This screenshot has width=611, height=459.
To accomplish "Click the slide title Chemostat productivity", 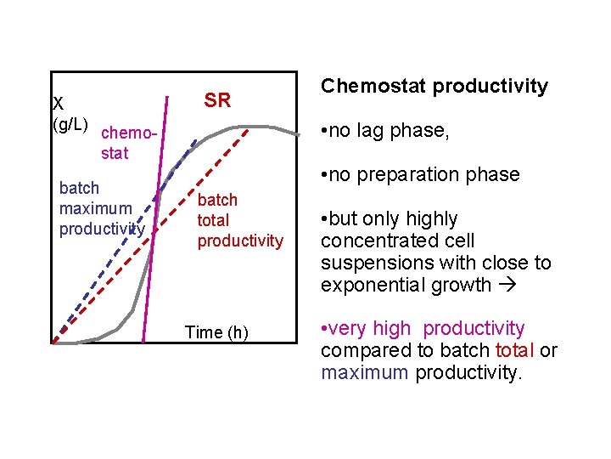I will (x=434, y=87).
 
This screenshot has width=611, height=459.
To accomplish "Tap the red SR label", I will (x=217, y=100).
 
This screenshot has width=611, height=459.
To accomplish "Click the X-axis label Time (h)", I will (x=217, y=332).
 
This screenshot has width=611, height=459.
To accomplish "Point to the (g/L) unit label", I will (x=70, y=125).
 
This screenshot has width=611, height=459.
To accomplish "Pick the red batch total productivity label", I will (x=240, y=220).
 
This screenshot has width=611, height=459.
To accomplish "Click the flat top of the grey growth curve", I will (x=267, y=127).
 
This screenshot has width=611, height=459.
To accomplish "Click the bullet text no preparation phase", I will (x=419, y=174).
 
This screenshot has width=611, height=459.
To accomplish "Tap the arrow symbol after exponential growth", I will (x=507, y=285).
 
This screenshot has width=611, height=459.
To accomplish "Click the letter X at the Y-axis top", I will (x=58, y=105).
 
